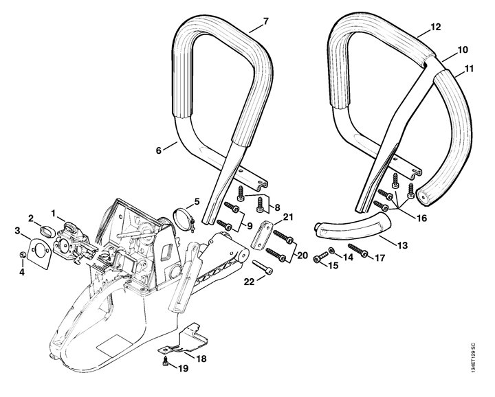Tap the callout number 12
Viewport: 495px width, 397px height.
click(x=435, y=27)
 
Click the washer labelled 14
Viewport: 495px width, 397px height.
click(x=332, y=251)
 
